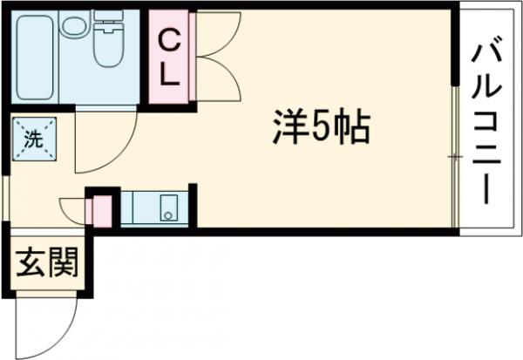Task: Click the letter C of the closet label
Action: click(168, 38)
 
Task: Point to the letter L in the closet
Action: click(169, 74)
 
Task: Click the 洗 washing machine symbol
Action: click(33, 138)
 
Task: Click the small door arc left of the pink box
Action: click(73, 209)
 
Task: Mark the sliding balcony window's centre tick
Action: click(454, 156)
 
